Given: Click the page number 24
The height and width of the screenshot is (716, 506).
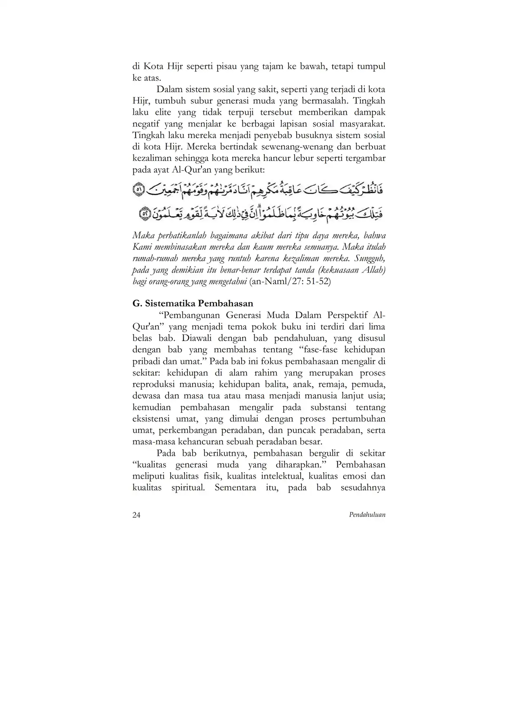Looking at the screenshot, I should click(x=136, y=515).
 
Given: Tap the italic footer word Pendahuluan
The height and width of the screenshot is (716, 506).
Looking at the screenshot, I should click(x=367, y=515).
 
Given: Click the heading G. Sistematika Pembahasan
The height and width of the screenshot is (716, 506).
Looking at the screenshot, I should click(x=193, y=303).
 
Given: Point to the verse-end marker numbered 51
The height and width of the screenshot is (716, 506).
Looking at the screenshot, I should click(x=139, y=190).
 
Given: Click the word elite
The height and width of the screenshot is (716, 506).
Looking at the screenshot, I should click(x=163, y=112).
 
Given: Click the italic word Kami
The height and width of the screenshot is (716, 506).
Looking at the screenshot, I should click(x=141, y=247).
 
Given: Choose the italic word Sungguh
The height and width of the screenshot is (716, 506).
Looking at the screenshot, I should click(x=370, y=259).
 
